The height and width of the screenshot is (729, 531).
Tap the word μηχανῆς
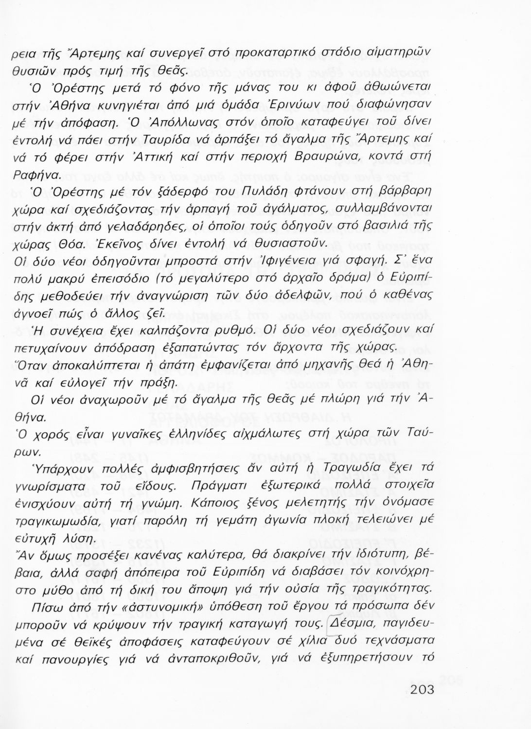tap(319, 365)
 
